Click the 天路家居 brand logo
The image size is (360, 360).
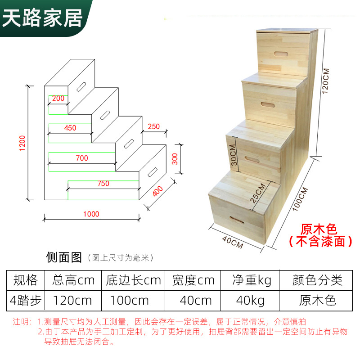coord(43,17)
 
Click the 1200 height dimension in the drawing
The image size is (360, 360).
coord(22,143)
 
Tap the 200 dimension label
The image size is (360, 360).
coord(58,99)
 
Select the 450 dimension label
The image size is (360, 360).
coord(70,128)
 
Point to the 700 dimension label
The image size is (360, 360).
coord(82,158)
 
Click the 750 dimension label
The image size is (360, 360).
coord(103,184)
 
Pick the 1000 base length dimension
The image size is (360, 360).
coord(91,214)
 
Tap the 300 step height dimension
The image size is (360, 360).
coord(175,158)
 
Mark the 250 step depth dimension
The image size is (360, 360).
coord(153,126)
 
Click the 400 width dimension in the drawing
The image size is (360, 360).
coord(157,191)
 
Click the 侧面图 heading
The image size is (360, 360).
coord(64,257)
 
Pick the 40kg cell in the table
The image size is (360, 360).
coord(249,299)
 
